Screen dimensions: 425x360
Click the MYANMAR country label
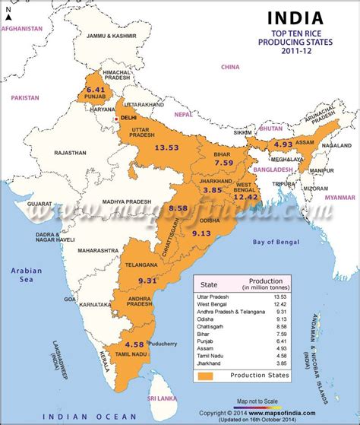click(340, 197)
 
